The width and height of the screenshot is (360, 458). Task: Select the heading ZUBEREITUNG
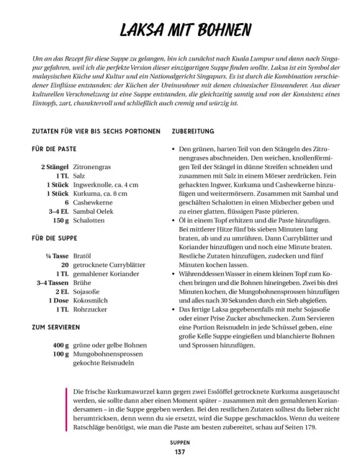[x=194, y=132]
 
